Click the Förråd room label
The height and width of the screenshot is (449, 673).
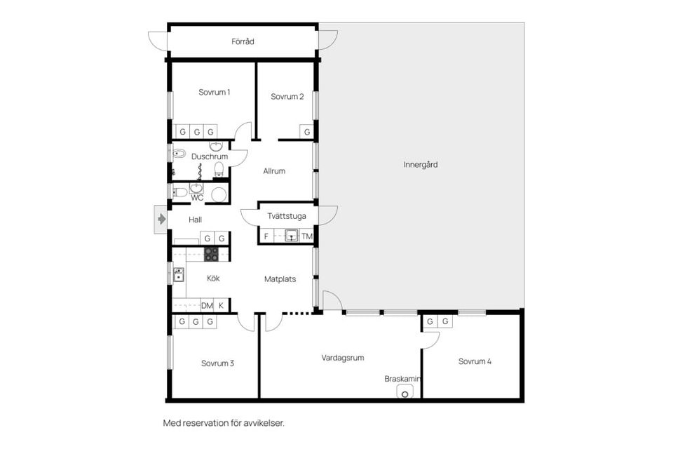click(x=243, y=42)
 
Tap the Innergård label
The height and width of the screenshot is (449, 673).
click(x=421, y=165)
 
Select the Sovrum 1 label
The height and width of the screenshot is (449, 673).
click(x=214, y=93)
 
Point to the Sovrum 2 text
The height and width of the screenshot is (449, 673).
click(x=287, y=97)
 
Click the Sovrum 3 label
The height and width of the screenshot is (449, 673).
click(x=217, y=363)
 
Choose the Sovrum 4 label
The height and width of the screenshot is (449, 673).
click(x=475, y=362)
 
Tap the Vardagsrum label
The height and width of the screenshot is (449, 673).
click(x=343, y=357)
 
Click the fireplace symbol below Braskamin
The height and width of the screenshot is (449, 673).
click(x=405, y=391)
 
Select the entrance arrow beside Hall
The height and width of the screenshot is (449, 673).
click(x=161, y=220)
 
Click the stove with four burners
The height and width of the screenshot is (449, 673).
click(x=212, y=254)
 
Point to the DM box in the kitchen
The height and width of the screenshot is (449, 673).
click(x=207, y=305)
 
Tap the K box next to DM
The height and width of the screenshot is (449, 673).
click(x=222, y=305)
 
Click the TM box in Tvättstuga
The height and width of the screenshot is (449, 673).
click(x=307, y=236)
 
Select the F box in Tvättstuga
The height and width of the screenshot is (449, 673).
click(x=266, y=236)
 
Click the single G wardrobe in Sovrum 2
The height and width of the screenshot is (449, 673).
click(x=306, y=132)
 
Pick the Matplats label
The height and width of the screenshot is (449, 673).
click(x=280, y=279)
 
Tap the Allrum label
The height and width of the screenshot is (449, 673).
click(x=274, y=171)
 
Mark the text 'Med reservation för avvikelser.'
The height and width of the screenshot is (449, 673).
click(x=224, y=423)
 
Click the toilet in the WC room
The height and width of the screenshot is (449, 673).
click(x=179, y=192)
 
